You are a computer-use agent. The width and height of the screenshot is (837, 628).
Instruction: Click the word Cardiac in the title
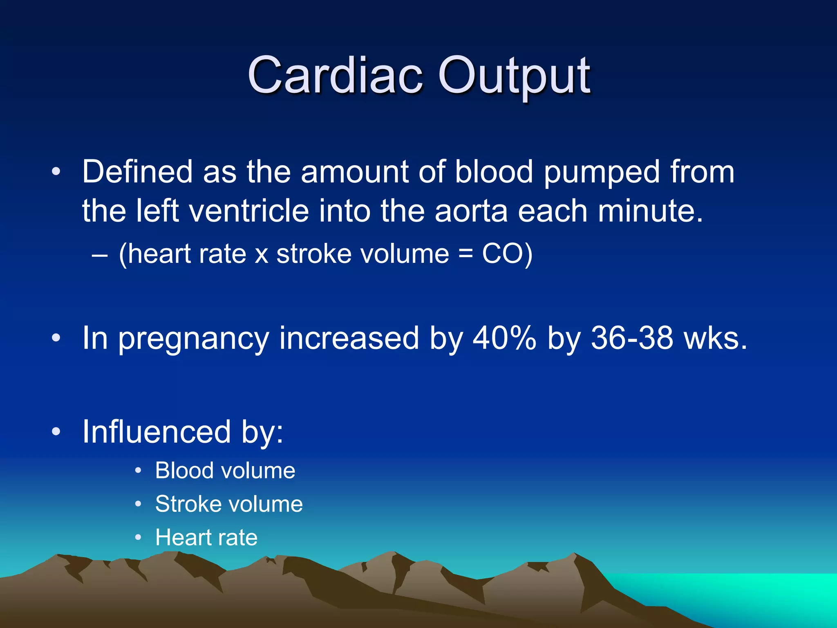point(335,76)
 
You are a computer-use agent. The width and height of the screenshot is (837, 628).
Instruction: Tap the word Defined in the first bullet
point(137,172)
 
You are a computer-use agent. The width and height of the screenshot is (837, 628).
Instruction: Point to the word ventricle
point(249,211)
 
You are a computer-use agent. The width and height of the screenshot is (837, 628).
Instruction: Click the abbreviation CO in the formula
point(502,254)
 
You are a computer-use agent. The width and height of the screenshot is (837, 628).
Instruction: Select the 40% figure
point(504,338)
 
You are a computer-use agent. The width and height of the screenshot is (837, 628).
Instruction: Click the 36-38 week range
point(632,338)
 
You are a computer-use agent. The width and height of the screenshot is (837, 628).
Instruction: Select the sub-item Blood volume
point(225,471)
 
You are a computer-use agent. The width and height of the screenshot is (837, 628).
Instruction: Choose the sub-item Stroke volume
point(229,504)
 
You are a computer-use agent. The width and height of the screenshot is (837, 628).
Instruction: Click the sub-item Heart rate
point(206,538)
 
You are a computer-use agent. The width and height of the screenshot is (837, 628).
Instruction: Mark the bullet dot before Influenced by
point(56,432)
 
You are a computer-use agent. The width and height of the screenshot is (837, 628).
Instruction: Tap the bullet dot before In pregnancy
point(56,338)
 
